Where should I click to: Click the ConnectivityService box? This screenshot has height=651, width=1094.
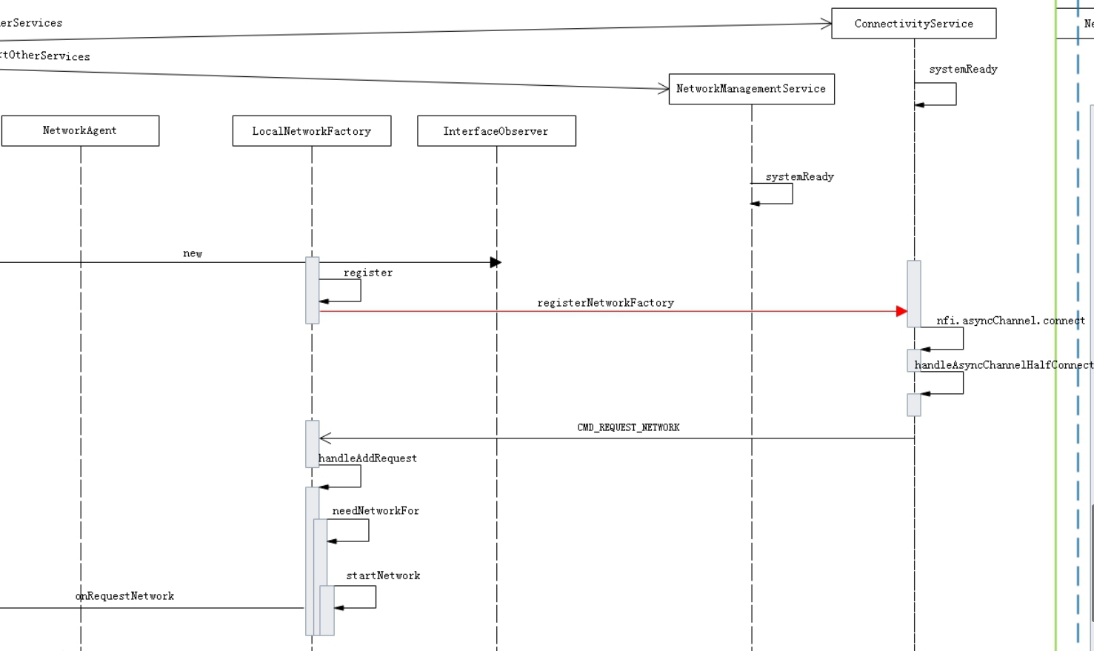click(x=913, y=24)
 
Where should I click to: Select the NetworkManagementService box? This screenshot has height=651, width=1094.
click(x=751, y=89)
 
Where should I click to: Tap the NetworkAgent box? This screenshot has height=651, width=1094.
click(x=80, y=131)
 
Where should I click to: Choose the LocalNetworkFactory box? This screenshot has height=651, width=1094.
click(x=311, y=131)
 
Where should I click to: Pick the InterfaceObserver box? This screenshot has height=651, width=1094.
click(x=496, y=131)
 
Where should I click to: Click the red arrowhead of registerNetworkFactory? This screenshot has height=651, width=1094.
click(x=901, y=312)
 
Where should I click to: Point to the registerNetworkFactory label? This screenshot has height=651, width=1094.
click(x=605, y=303)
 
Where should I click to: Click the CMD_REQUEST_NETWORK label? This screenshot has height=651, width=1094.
click(x=628, y=427)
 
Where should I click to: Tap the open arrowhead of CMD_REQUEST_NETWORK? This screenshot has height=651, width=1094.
click(x=325, y=438)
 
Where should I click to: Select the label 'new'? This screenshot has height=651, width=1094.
click(x=193, y=253)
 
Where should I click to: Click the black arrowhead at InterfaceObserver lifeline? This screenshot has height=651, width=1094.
click(x=496, y=262)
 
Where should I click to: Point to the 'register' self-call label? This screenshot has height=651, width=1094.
click(x=367, y=273)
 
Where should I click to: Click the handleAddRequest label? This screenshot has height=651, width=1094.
click(x=367, y=458)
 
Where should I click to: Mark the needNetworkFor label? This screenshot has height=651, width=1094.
click(x=376, y=511)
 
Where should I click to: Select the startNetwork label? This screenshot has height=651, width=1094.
click(x=383, y=575)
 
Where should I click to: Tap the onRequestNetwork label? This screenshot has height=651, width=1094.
click(x=124, y=596)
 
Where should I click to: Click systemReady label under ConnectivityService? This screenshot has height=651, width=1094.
click(x=963, y=70)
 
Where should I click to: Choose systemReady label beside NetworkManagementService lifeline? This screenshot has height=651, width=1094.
click(x=799, y=177)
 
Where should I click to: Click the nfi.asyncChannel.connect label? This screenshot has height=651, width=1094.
click(x=1010, y=321)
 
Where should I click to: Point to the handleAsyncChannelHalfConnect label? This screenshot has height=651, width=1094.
click(x=1004, y=365)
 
